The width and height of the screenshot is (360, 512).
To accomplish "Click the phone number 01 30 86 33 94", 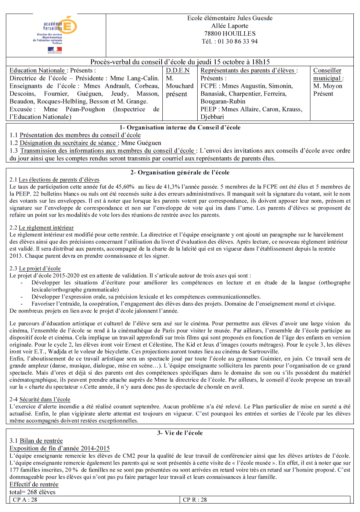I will click(x=238, y=42).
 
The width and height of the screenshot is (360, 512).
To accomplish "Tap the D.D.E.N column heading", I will click(x=178, y=71).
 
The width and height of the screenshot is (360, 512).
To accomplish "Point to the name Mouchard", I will click(x=180, y=86).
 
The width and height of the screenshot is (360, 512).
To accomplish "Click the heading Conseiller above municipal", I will click(x=327, y=71).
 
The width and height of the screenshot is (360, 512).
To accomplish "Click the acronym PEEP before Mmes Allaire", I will click(x=208, y=109).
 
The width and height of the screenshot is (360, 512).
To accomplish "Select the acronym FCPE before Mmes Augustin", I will click(x=208, y=86).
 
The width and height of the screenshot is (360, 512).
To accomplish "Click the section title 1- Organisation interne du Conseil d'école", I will click(x=180, y=128).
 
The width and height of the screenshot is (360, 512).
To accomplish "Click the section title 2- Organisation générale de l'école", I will click(x=180, y=172).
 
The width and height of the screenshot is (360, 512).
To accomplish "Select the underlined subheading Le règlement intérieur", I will click(x=46, y=228).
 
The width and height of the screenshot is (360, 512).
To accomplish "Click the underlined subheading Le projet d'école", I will click(x=40, y=268).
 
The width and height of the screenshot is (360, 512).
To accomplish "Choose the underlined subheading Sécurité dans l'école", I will click(x=45, y=399).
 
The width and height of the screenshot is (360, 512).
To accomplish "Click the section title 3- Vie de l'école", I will click(x=180, y=433).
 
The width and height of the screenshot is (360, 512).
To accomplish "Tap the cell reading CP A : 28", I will click(x=25, y=500).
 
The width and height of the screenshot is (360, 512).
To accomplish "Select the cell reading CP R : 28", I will click(x=195, y=500).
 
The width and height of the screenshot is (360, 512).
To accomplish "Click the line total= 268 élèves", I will click(x=32, y=492).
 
